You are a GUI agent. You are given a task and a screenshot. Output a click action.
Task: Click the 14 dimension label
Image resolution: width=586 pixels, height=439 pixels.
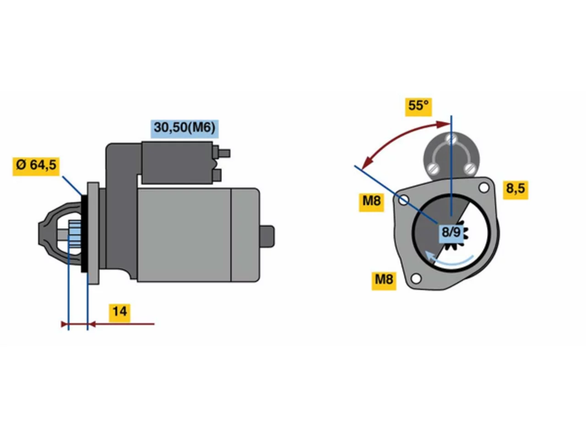(x=119, y=313)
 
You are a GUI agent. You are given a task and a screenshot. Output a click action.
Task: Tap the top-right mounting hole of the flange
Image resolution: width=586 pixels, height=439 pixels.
(x=483, y=187)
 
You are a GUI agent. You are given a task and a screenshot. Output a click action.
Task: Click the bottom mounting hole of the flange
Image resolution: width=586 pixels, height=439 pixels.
(x=416, y=279)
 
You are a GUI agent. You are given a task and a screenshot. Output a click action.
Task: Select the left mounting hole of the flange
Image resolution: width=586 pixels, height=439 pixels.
(x=403, y=200)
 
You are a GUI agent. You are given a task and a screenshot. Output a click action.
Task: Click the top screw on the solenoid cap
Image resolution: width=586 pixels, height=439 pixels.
(x=451, y=139)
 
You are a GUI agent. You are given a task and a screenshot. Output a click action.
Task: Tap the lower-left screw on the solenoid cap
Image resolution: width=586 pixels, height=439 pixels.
(x=433, y=168)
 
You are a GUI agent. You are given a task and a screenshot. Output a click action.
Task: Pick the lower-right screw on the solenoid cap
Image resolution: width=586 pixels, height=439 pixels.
(x=469, y=168)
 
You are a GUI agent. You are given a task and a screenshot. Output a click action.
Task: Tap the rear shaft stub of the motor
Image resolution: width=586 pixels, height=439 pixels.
(x=267, y=236)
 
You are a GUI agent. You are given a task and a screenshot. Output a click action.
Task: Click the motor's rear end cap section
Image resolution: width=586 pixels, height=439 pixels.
(x=245, y=235)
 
